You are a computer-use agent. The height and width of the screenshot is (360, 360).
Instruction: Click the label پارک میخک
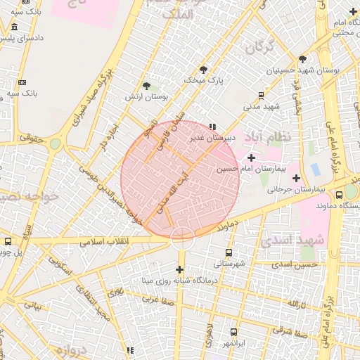click(202, 81)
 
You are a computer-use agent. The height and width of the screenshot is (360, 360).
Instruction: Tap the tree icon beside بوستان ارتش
click(146, 86)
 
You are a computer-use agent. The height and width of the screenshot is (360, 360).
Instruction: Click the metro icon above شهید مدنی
click(261, 95)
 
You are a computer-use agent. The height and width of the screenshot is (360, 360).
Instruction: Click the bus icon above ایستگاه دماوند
click(340, 195)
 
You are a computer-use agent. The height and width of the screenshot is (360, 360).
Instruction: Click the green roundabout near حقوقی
click(55, 143)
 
